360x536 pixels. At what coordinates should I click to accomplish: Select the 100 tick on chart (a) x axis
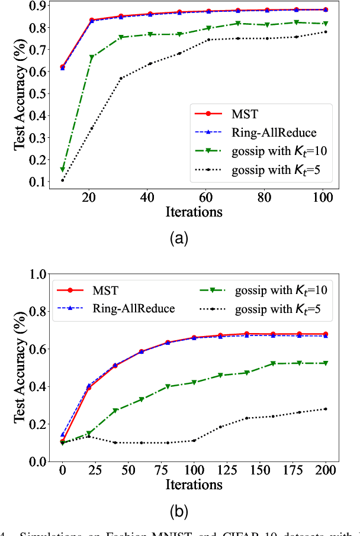[x=324, y=198]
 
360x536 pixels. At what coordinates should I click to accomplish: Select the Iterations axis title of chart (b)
[x=193, y=485]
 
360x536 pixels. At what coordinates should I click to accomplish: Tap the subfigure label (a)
[x=179, y=238]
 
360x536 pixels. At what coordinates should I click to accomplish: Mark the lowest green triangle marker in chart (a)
[x=63, y=170]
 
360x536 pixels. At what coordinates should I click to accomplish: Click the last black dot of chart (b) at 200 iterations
[x=325, y=409]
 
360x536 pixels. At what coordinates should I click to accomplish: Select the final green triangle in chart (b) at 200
[x=325, y=363]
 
